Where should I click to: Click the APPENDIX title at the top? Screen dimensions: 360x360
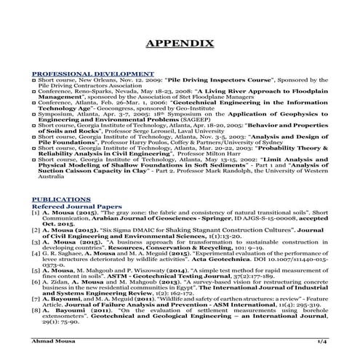pyautogui.click(x=180, y=44)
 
